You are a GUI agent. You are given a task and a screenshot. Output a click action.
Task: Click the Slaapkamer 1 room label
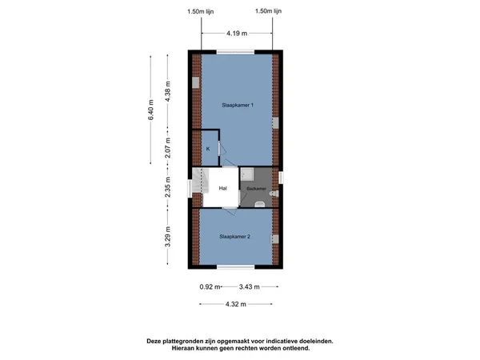click(x=238, y=105)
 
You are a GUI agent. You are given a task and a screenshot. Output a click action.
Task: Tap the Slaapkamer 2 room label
click(x=234, y=236)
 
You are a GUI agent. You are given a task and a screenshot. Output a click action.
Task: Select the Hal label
click(x=223, y=188)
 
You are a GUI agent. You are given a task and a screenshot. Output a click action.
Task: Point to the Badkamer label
click(x=256, y=189)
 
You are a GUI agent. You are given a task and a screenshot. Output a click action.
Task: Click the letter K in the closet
click(x=208, y=149)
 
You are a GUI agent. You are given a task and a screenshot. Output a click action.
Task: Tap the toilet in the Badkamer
click(x=274, y=194)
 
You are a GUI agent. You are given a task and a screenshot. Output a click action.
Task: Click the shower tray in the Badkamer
click(x=247, y=174)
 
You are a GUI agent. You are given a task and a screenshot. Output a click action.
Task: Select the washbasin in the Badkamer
click(x=259, y=203)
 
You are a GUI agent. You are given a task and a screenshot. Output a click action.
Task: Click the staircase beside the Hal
click(x=200, y=182)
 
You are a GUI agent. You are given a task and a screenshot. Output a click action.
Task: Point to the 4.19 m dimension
click(x=237, y=34)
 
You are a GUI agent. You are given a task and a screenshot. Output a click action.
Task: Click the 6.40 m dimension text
click(x=150, y=110)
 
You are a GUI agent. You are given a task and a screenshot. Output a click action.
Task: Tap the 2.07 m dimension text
click(x=167, y=148)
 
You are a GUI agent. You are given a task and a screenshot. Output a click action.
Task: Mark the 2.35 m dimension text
click(x=167, y=187)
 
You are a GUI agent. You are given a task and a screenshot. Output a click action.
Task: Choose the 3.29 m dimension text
click(x=167, y=236)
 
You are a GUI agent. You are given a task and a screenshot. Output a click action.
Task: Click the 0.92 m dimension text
click(x=210, y=287)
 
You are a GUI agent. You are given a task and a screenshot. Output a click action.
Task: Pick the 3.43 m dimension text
click(x=249, y=287)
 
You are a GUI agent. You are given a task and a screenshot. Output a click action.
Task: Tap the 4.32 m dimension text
click(x=236, y=304)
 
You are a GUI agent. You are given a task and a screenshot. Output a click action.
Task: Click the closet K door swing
click(x=223, y=150)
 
